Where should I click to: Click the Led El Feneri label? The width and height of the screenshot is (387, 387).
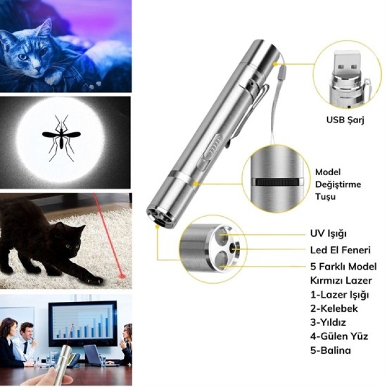(x=340, y=250)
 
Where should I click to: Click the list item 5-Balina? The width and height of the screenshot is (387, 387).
(x=331, y=350)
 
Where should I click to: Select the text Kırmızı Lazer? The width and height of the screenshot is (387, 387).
(x=341, y=280)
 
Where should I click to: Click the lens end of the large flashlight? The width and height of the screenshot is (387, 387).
(x=160, y=216)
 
